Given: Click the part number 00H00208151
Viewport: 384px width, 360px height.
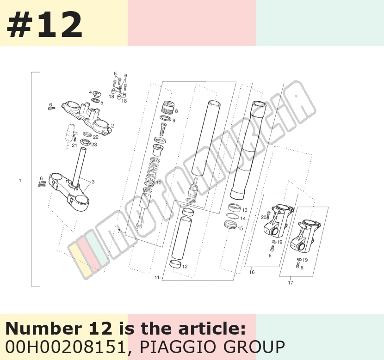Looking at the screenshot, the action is [66, 347].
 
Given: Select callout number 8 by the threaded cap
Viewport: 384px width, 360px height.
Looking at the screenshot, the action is [176, 111].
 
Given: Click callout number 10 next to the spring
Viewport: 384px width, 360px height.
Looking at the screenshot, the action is [158, 183].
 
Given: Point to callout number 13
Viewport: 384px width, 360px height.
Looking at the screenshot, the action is [245, 210].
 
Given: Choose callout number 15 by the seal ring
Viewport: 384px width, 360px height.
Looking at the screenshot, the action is [240, 228].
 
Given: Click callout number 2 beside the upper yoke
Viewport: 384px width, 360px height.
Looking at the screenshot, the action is [112, 126].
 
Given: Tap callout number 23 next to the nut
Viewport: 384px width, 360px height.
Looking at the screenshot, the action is [94, 145].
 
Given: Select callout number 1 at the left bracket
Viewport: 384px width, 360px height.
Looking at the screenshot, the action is [20, 181].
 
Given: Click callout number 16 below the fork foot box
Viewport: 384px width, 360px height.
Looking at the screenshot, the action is [252, 272].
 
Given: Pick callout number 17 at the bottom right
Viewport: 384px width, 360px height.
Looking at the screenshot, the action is [291, 283].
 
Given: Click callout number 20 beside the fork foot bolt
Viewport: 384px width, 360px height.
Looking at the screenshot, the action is [263, 217].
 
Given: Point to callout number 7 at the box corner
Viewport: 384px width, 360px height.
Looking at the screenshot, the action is [119, 231].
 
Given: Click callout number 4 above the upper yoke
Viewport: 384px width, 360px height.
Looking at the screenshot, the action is [90, 92].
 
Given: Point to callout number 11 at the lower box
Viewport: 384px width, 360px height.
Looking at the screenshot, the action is [157, 278].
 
